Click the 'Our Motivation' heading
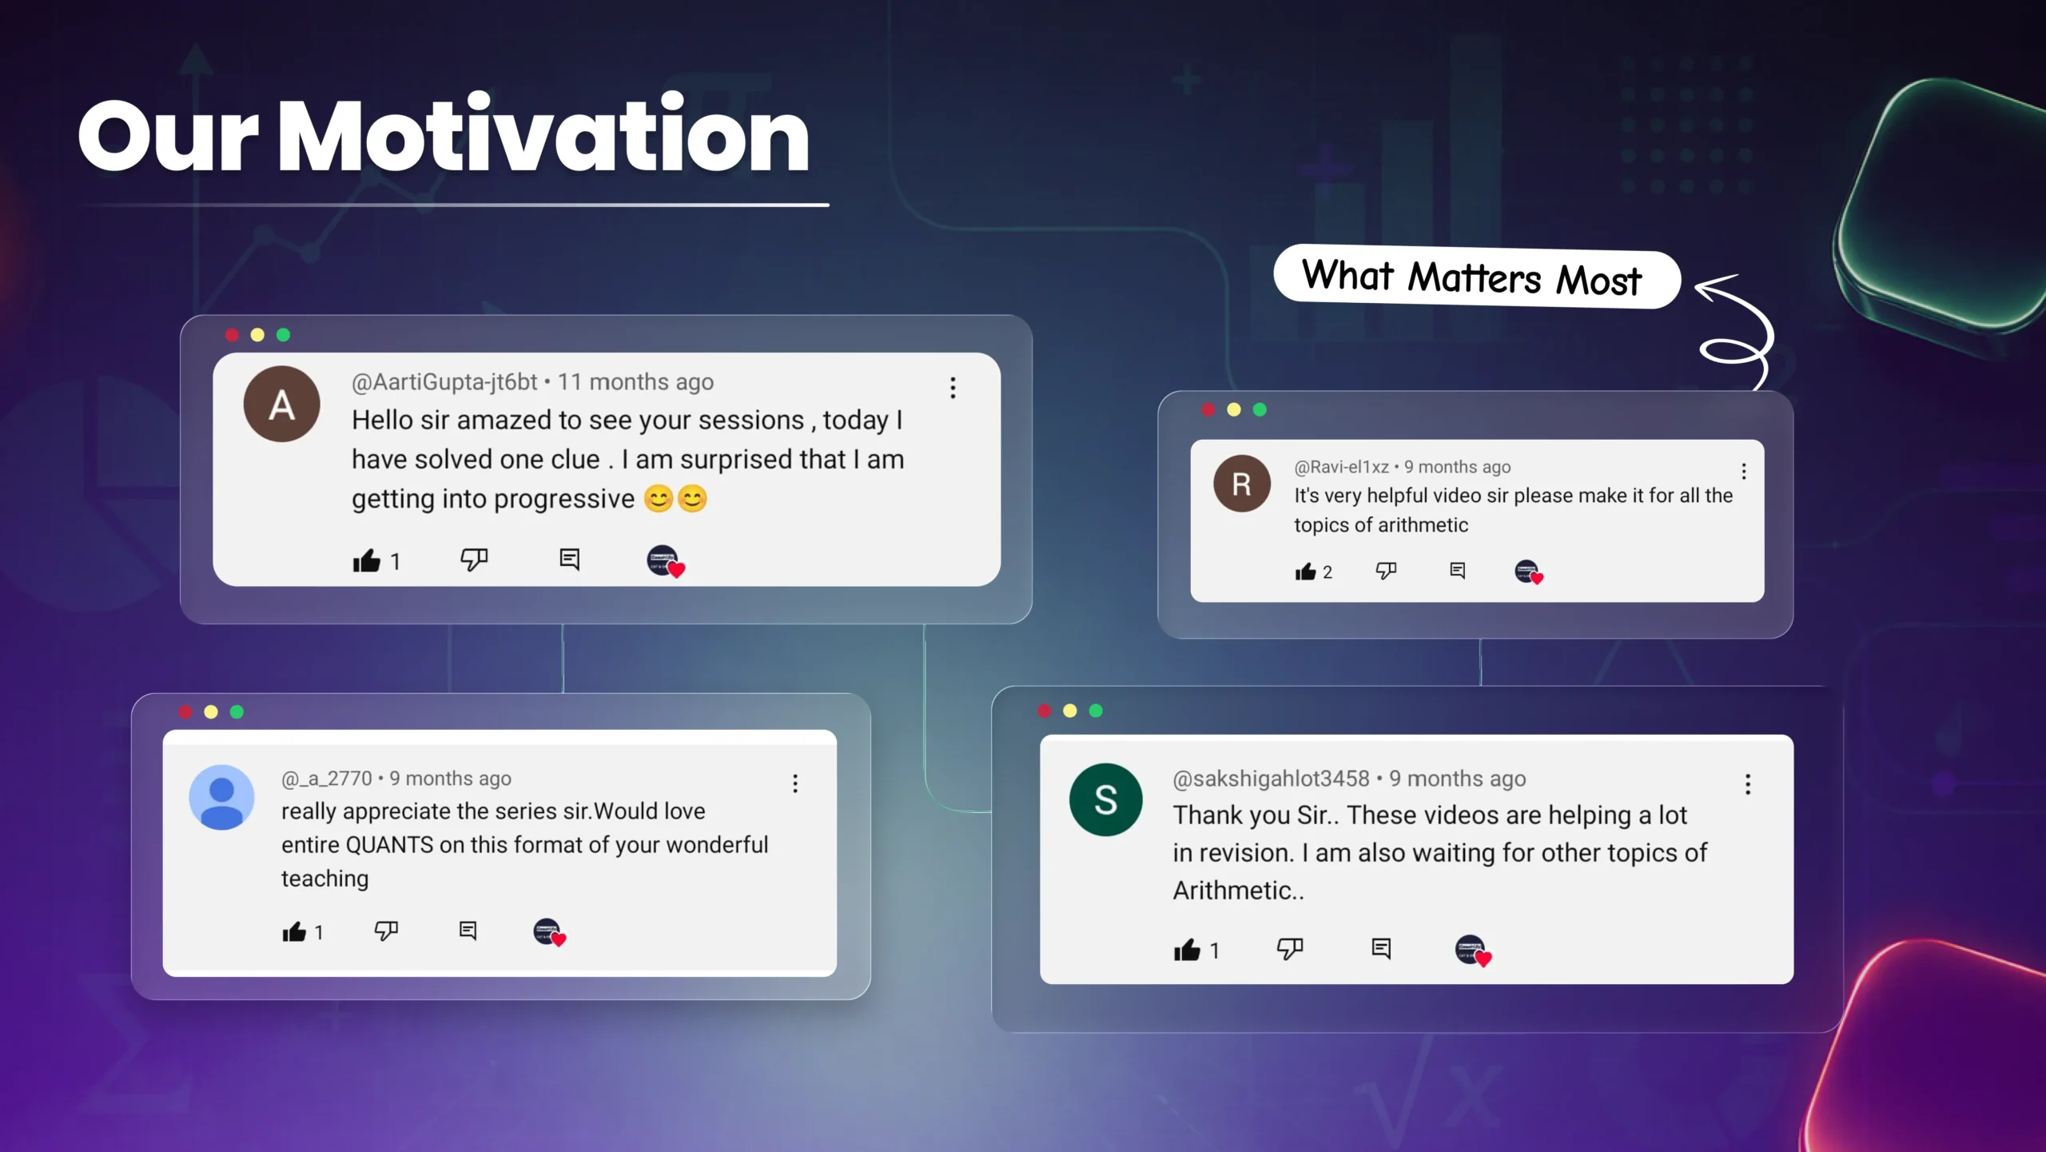[444, 134]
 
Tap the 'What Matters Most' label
[1472, 277]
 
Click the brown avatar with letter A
[281, 405]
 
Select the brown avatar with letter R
[1242, 484]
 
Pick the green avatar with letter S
[1106, 799]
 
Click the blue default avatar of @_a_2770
[221, 797]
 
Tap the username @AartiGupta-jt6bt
[444, 382]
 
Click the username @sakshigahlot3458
[1271, 779]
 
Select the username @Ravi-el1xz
[1342, 467]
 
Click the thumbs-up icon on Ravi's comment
[1305, 571]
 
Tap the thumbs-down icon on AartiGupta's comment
[474, 560]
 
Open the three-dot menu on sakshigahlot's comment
[1748, 784]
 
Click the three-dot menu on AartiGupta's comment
[953, 388]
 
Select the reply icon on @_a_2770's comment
[468, 931]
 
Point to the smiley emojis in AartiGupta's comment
[676, 499]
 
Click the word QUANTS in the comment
[389, 845]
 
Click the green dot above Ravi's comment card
[1260, 410]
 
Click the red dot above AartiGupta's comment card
[232, 335]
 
